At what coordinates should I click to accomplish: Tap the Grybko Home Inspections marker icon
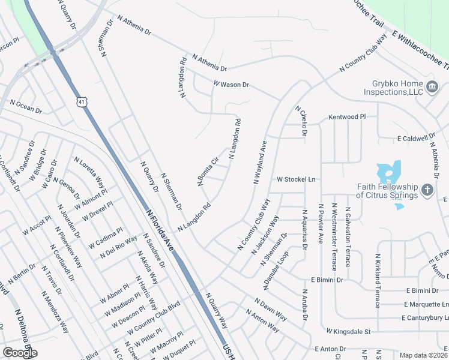pyautogui.click(x=431, y=88)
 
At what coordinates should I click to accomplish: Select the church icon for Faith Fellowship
pyautogui.click(x=427, y=190)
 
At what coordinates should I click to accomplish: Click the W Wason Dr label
pyautogui.click(x=231, y=85)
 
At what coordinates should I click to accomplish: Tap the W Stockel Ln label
pyautogui.click(x=295, y=179)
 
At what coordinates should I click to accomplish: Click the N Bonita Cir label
pyautogui.click(x=208, y=171)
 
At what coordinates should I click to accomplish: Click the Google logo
pyautogui.click(x=19, y=353)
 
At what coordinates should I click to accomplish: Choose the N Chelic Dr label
pyautogui.click(x=300, y=121)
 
